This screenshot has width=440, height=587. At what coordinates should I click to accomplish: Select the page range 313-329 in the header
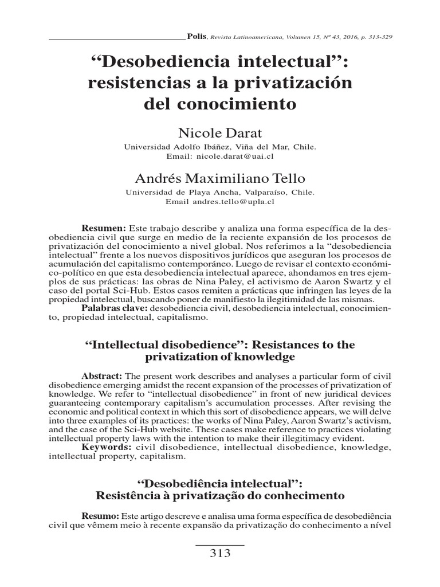(378, 36)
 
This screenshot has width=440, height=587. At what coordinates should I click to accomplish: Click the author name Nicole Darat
(220, 134)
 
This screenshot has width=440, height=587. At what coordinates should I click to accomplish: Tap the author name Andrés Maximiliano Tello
(220, 178)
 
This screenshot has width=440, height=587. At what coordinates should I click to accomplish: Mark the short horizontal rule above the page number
(220, 543)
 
